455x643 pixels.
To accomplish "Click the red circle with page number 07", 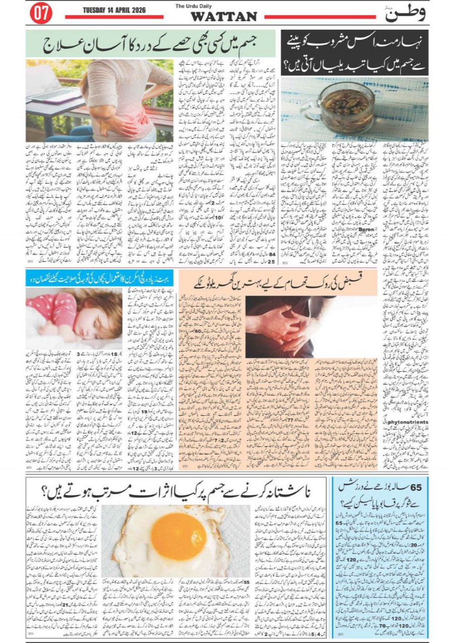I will point(41,14).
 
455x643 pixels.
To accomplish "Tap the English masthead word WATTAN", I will point(223,17).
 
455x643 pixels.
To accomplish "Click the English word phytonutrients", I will point(407,422).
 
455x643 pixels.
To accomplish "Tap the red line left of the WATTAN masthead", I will point(114,17).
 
